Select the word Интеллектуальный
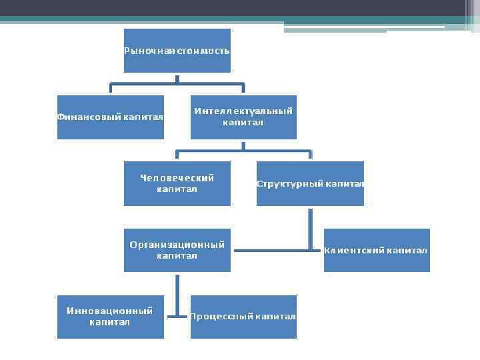(243, 111)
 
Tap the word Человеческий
(177, 178)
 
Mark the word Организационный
(177, 245)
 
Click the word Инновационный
(110, 311)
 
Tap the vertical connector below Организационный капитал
(177, 293)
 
